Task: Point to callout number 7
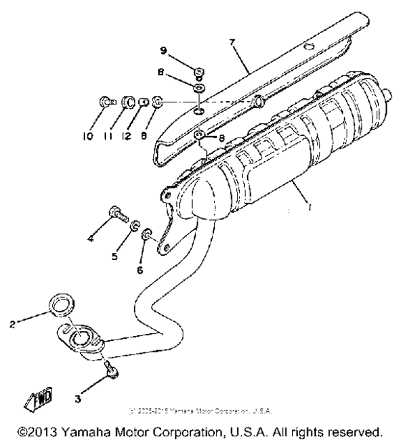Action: point(231,42)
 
